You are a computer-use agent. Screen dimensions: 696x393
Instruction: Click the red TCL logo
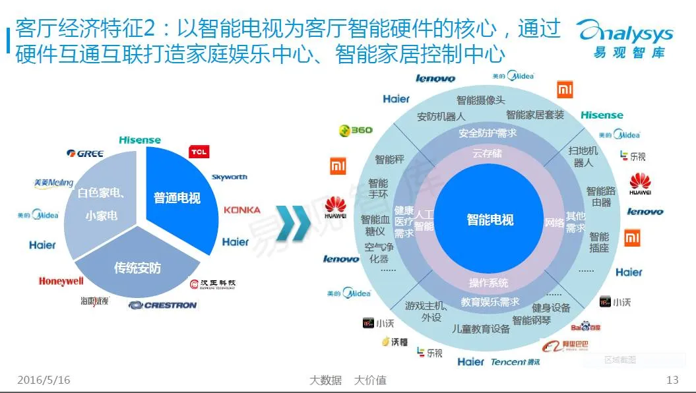pos(199,152)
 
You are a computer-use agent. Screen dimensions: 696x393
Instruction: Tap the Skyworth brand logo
pos(230,177)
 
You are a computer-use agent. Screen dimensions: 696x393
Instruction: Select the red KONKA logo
pos(241,210)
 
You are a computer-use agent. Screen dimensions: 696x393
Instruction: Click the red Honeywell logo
pos(61,282)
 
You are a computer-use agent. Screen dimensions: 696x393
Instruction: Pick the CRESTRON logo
pos(163,305)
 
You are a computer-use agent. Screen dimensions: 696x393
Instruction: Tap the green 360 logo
pos(356,131)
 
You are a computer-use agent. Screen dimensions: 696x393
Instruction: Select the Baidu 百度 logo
pos(586,326)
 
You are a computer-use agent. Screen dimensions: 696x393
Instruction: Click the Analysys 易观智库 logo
pos(623,38)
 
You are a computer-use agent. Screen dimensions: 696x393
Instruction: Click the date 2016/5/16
pos(44,380)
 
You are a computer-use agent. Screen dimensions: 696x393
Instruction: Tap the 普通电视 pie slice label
pos(177,197)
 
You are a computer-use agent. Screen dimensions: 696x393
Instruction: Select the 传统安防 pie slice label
pos(137,268)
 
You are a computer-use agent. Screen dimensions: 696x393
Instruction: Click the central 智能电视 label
pos(490,220)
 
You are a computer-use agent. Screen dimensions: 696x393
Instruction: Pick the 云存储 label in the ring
pos(487,154)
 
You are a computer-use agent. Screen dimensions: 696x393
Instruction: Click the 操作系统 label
pos(488,283)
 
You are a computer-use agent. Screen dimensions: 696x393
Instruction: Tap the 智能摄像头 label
pos(481,100)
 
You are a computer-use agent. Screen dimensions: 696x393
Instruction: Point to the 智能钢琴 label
pos(531,320)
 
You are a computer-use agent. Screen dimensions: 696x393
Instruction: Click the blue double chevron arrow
pos(292,222)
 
